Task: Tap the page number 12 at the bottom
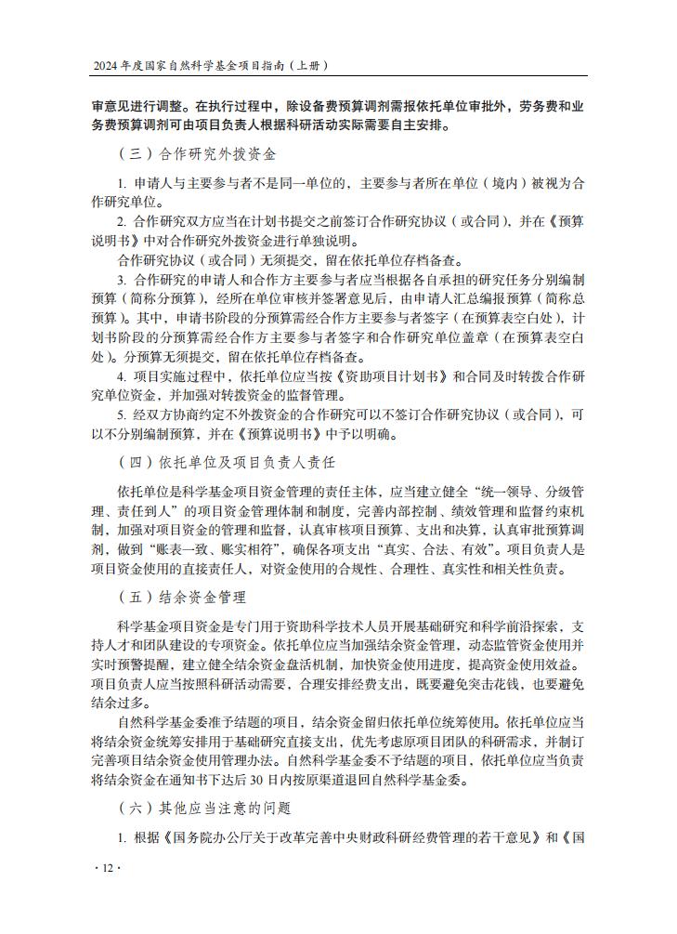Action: point(108,868)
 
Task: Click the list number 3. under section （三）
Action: point(122,279)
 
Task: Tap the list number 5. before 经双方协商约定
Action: point(122,414)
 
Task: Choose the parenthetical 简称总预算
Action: point(551,298)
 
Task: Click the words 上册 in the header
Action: point(308,66)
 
